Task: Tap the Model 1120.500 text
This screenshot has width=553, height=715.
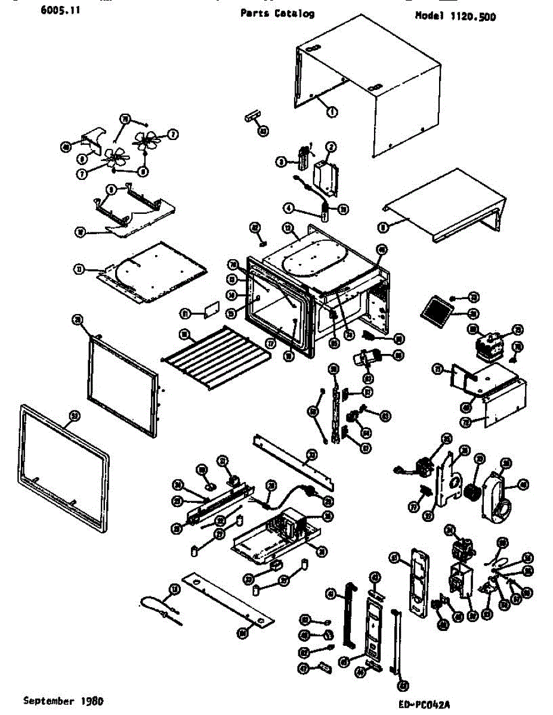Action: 455,16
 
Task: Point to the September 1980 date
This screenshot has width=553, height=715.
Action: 58,701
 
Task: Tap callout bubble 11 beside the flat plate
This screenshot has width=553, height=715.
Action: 78,269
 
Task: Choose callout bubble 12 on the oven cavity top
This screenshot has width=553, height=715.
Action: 289,228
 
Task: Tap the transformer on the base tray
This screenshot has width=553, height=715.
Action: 289,524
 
